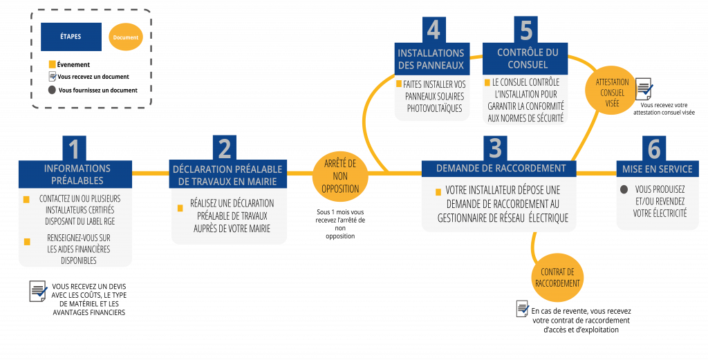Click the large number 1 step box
[x=75, y=148]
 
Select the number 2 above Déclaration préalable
[x=225, y=148]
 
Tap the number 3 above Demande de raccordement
[x=495, y=148]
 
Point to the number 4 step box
[x=434, y=30]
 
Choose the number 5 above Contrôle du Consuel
[x=525, y=30]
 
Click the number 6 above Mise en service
[x=654, y=148]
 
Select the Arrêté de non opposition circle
[x=340, y=176]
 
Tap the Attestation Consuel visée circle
[x=612, y=93]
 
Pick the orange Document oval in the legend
[x=126, y=37]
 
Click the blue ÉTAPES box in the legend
[x=71, y=37]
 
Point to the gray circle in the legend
[x=52, y=90]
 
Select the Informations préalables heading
[x=77, y=174]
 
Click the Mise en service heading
[x=657, y=169]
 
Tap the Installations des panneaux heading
[x=431, y=59]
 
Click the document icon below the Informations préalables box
[x=38, y=292]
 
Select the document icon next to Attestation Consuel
[x=644, y=89]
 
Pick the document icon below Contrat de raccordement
[x=523, y=308]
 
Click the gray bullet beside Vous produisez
[x=624, y=189]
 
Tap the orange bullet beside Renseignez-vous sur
[x=27, y=241]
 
